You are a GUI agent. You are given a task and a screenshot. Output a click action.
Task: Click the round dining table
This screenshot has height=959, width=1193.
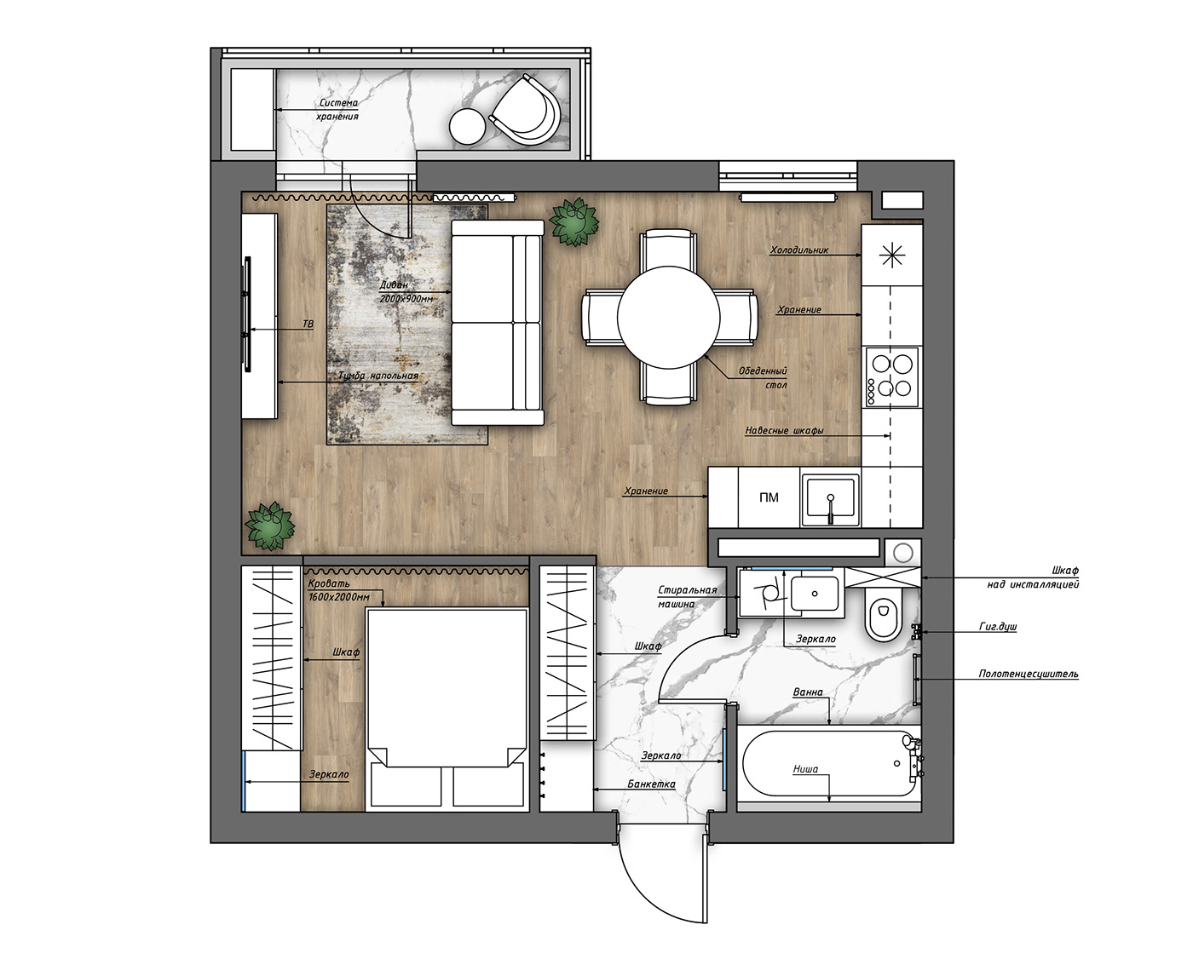tap(669, 318)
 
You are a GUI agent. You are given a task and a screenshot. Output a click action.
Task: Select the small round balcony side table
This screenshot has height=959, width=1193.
tap(467, 126)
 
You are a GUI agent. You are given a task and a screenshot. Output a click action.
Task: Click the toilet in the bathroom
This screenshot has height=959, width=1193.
tap(884, 614)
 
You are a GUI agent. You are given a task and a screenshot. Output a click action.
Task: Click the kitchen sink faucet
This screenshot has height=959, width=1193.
tap(830, 508)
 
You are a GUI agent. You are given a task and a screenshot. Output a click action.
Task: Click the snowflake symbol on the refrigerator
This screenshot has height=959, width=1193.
tap(892, 256)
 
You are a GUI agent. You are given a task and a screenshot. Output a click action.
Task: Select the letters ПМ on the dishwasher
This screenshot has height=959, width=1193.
tap(769, 497)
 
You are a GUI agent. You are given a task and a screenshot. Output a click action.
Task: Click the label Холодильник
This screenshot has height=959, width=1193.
tap(798, 250)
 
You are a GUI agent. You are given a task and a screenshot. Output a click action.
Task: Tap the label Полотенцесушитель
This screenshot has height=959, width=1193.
tap(1029, 674)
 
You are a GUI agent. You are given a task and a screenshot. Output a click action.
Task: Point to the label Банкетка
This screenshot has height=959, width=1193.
tap(651, 784)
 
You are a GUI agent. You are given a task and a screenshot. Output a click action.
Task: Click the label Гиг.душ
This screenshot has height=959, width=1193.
tap(998, 627)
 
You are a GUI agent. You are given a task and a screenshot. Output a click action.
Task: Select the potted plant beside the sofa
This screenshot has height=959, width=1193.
tap(574, 221)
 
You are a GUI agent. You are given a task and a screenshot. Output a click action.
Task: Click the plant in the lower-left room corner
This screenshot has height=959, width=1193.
tap(270, 526)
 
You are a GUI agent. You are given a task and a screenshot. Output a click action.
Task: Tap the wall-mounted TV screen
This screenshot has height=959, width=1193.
tap(246, 314)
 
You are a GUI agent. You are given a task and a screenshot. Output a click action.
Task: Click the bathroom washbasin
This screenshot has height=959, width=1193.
tap(815, 594)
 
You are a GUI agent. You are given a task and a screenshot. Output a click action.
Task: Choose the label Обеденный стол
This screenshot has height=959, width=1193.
tap(764, 378)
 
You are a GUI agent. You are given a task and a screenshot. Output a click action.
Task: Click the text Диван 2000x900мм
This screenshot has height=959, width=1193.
tap(406, 292)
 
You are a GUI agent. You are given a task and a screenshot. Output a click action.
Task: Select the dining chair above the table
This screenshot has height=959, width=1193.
tap(668, 250)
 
